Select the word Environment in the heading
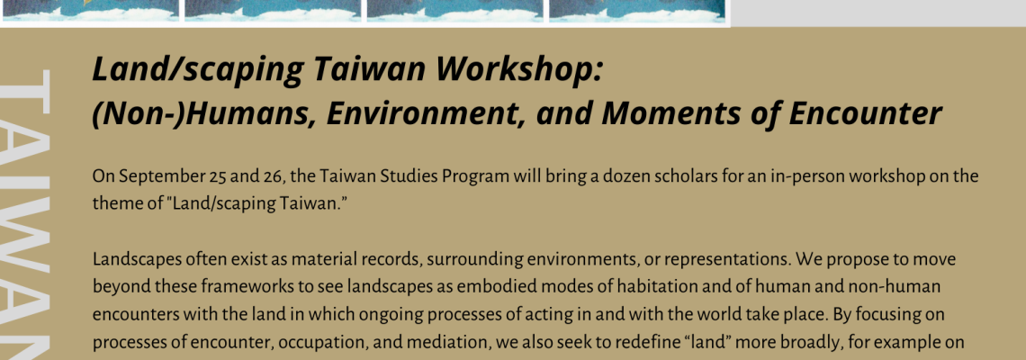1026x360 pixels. coord(427,112)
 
